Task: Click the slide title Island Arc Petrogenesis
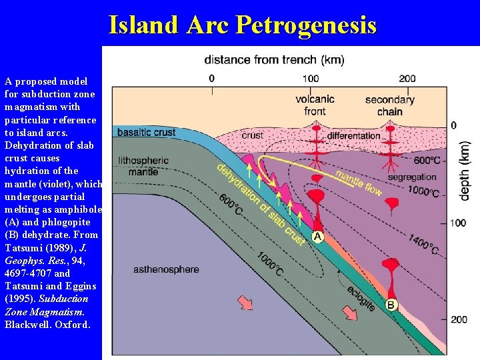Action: tap(242, 25)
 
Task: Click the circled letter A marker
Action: tap(318, 237)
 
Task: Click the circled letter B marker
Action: tap(391, 305)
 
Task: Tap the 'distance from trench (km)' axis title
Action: tap(274, 60)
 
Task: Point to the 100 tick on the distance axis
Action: tap(310, 79)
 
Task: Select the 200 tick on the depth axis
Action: tap(459, 319)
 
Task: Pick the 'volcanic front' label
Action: tap(315, 105)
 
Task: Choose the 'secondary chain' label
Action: tap(389, 105)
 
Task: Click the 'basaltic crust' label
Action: tap(146, 132)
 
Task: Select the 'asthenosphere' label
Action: tap(166, 269)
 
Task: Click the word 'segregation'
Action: tap(411, 177)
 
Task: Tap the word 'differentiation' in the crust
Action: tap(353, 136)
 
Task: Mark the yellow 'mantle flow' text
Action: tap(358, 183)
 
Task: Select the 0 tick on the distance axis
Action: tap(211, 79)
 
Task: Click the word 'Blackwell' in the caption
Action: tap(27, 325)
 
